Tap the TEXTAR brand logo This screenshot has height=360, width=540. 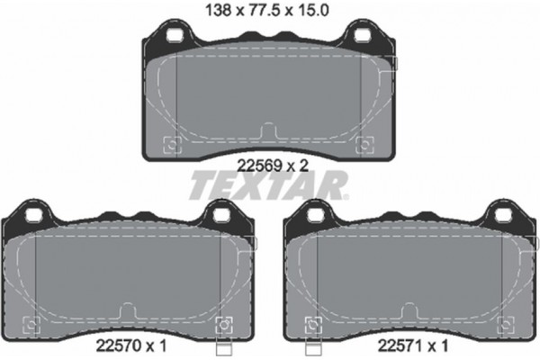pyautogui.click(x=268, y=185)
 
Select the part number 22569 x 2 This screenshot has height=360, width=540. pyautogui.click(x=268, y=165)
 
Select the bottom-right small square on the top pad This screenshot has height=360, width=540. pyautogui.click(x=364, y=144)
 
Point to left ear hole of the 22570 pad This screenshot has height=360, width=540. pyautogui.click(x=33, y=216)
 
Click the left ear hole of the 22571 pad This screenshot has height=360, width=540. pyautogui.click(x=315, y=216)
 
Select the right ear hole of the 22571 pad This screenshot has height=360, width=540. pyautogui.click(x=501, y=216)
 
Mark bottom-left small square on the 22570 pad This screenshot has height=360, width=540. pyautogui.click(x=31, y=324)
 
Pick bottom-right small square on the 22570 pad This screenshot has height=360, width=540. pyautogui.click(x=222, y=324)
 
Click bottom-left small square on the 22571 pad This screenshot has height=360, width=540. pyautogui.click(x=313, y=324)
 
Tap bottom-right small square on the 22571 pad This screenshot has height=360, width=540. pyautogui.click(x=504, y=324)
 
